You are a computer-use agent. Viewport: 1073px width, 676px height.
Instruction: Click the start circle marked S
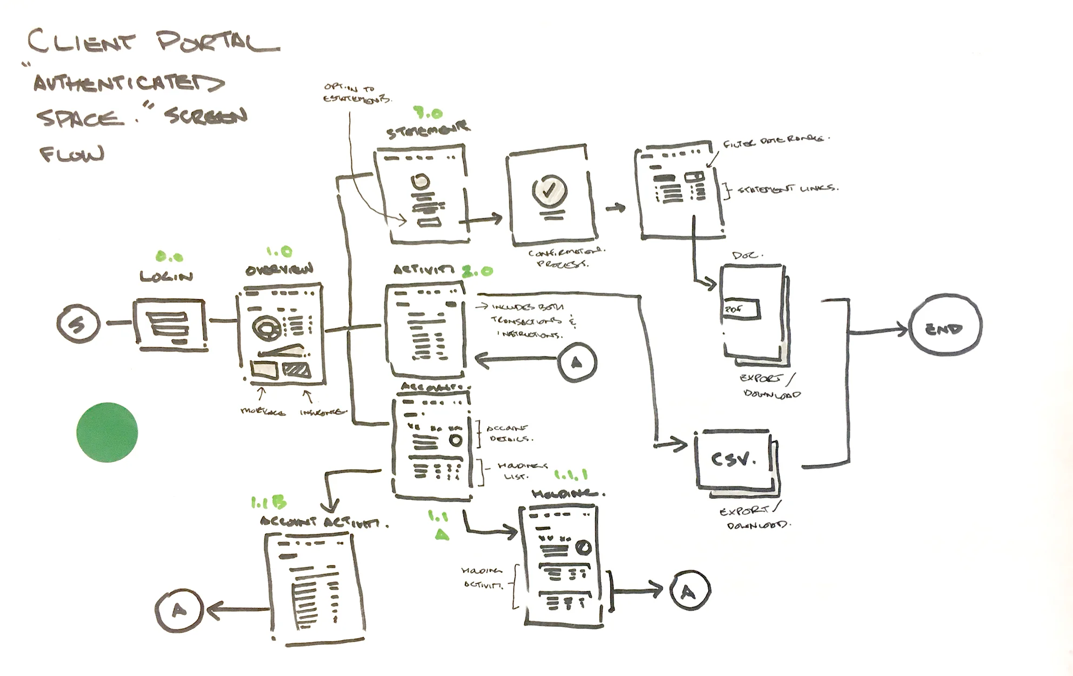[78, 323]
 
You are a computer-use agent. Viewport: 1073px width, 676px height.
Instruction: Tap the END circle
[945, 327]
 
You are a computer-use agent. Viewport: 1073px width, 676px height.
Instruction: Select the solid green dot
[107, 432]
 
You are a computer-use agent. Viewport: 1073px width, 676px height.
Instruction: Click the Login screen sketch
[170, 323]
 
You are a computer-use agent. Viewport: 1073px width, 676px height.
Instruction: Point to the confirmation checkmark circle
[549, 189]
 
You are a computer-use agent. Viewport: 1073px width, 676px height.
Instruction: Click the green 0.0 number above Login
[169, 258]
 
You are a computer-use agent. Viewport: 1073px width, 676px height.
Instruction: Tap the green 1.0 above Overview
[279, 252]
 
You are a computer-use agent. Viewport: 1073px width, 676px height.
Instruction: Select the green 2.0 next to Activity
[477, 271]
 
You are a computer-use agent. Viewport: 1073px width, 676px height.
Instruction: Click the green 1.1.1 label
[571, 475]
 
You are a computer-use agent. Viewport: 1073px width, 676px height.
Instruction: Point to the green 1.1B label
[268, 503]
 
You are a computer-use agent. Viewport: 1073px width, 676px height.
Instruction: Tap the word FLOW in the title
[72, 154]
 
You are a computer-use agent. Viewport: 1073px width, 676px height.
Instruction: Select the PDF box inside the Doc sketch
[741, 309]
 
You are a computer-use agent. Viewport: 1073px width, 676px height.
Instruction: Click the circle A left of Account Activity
[178, 610]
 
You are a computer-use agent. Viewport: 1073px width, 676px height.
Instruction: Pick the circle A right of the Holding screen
[689, 591]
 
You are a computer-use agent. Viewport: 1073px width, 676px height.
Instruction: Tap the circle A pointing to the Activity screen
[577, 362]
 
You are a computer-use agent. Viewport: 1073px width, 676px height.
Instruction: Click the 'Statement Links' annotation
[788, 189]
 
